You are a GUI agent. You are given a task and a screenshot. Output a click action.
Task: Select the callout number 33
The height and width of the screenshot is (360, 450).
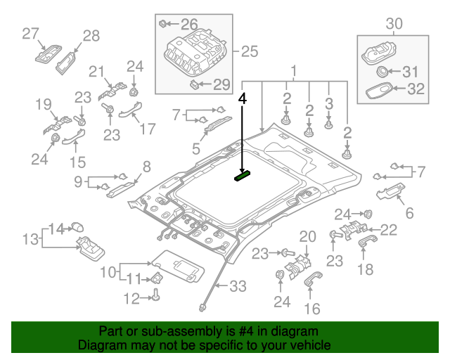point(238,285)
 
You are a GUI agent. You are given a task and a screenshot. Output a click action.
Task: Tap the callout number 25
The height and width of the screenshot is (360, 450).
point(250,51)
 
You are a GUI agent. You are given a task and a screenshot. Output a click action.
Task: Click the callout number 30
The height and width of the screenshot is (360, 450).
point(394,24)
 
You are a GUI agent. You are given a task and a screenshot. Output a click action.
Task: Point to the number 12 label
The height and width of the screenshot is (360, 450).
point(131,299)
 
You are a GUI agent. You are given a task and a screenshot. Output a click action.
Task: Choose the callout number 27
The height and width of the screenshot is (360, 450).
point(30,33)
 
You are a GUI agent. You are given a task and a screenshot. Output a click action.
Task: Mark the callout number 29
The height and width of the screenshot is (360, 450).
point(221,85)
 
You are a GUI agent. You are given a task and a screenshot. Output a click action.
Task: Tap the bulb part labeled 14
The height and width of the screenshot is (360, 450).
point(78,226)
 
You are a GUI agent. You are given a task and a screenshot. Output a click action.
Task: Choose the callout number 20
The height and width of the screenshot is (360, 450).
point(308,236)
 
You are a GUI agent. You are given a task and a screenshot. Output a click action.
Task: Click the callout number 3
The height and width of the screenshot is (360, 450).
point(328,104)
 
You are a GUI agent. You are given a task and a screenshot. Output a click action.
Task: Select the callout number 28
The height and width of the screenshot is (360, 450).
point(92,35)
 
